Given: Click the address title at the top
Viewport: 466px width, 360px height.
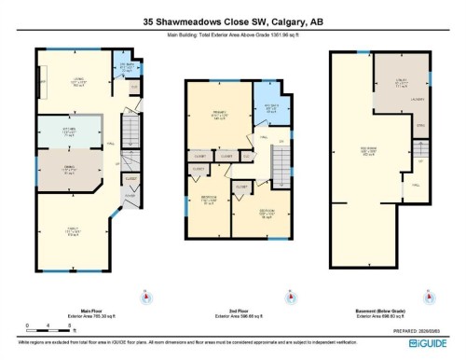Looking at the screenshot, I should [232, 21].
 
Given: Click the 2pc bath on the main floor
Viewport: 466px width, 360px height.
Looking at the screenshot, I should [120, 67].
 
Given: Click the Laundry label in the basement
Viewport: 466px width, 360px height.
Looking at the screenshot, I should [417, 98].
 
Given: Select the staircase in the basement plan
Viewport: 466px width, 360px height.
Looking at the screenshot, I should [421, 149].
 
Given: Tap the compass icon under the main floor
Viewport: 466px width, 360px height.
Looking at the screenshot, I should [145, 298].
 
